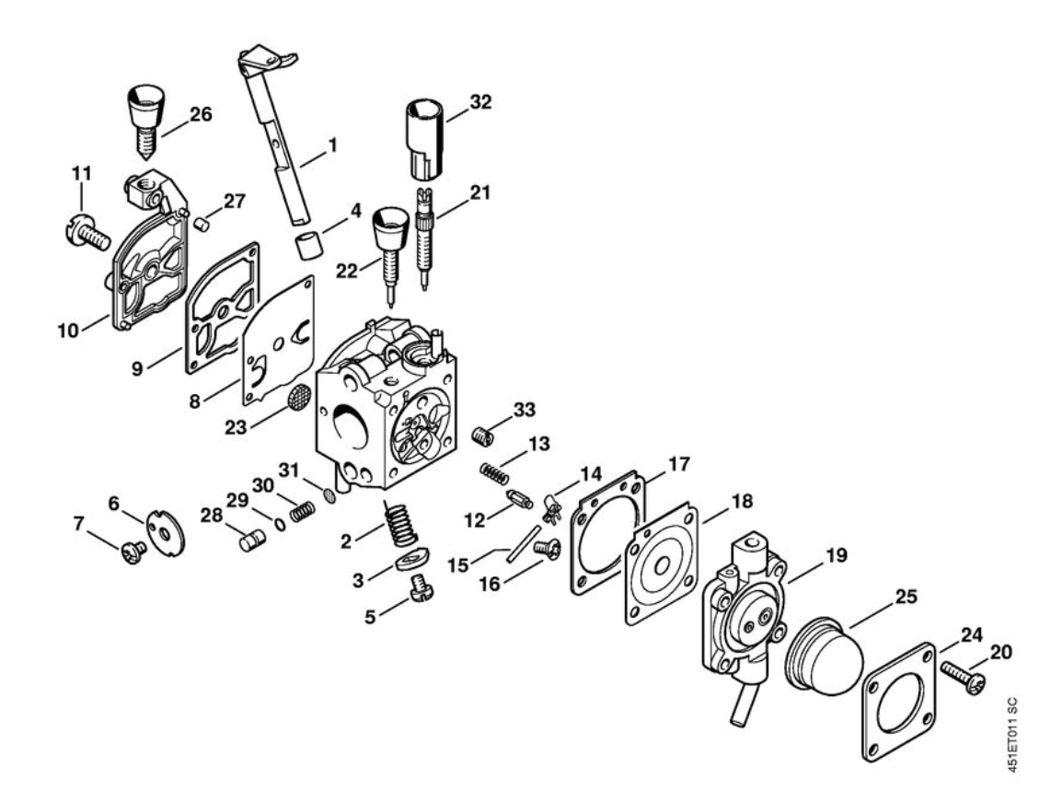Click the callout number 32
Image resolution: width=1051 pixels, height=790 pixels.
click(479, 101)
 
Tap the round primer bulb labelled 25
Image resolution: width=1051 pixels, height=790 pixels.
click(826, 657)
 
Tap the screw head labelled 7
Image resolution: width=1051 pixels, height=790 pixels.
click(134, 552)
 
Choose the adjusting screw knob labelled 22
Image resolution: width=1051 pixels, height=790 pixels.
click(389, 238)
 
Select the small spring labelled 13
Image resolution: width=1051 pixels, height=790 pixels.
click(494, 473)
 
